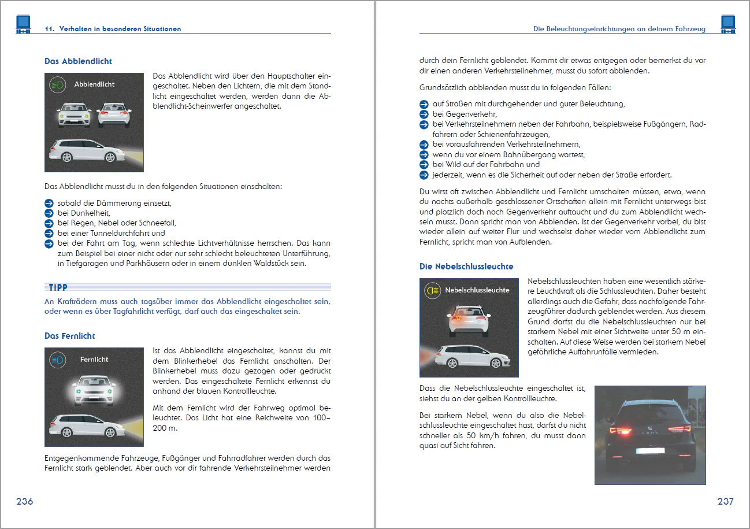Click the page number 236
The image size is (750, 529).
pyautogui.click(x=25, y=501)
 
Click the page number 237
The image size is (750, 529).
pyautogui.click(x=725, y=501)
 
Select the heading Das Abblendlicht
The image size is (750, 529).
pyautogui.click(x=78, y=61)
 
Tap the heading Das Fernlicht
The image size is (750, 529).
pyautogui.click(x=70, y=336)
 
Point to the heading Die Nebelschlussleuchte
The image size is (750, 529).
pyautogui.click(x=466, y=267)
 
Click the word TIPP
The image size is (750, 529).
pyautogui.click(x=58, y=287)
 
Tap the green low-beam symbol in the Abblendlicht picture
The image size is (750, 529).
pyautogui.click(x=58, y=85)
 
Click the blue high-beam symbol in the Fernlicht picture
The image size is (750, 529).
pyautogui.click(x=58, y=360)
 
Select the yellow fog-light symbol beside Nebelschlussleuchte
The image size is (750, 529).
pyautogui.click(x=433, y=290)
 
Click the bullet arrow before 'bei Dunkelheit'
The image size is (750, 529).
pyautogui.click(x=49, y=213)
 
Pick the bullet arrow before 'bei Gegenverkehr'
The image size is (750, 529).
pyautogui.click(x=424, y=114)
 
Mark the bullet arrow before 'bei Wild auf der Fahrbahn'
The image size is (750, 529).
pyautogui.click(x=424, y=165)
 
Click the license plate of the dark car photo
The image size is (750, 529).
pyautogui.click(x=650, y=451)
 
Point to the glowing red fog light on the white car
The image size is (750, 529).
pyautogui.click(x=458, y=318)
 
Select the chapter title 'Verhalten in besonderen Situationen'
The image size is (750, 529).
pyautogui.click(x=120, y=29)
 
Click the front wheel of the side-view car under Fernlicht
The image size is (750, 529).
pyautogui.click(x=110, y=433)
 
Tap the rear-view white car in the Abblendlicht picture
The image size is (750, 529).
pyautogui.click(x=114, y=115)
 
